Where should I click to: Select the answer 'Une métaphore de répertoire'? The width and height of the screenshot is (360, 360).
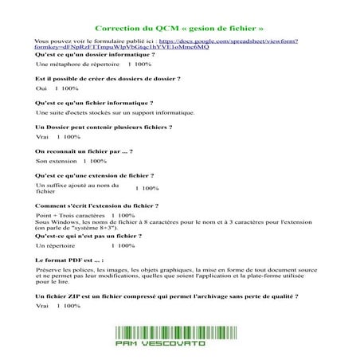(72, 64)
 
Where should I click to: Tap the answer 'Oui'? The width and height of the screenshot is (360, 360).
(42, 90)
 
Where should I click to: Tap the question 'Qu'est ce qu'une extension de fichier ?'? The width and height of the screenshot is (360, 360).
(95, 174)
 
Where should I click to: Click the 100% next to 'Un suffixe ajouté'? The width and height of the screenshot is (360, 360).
(147, 189)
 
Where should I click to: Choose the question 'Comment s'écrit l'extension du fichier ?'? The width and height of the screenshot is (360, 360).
(98, 205)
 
